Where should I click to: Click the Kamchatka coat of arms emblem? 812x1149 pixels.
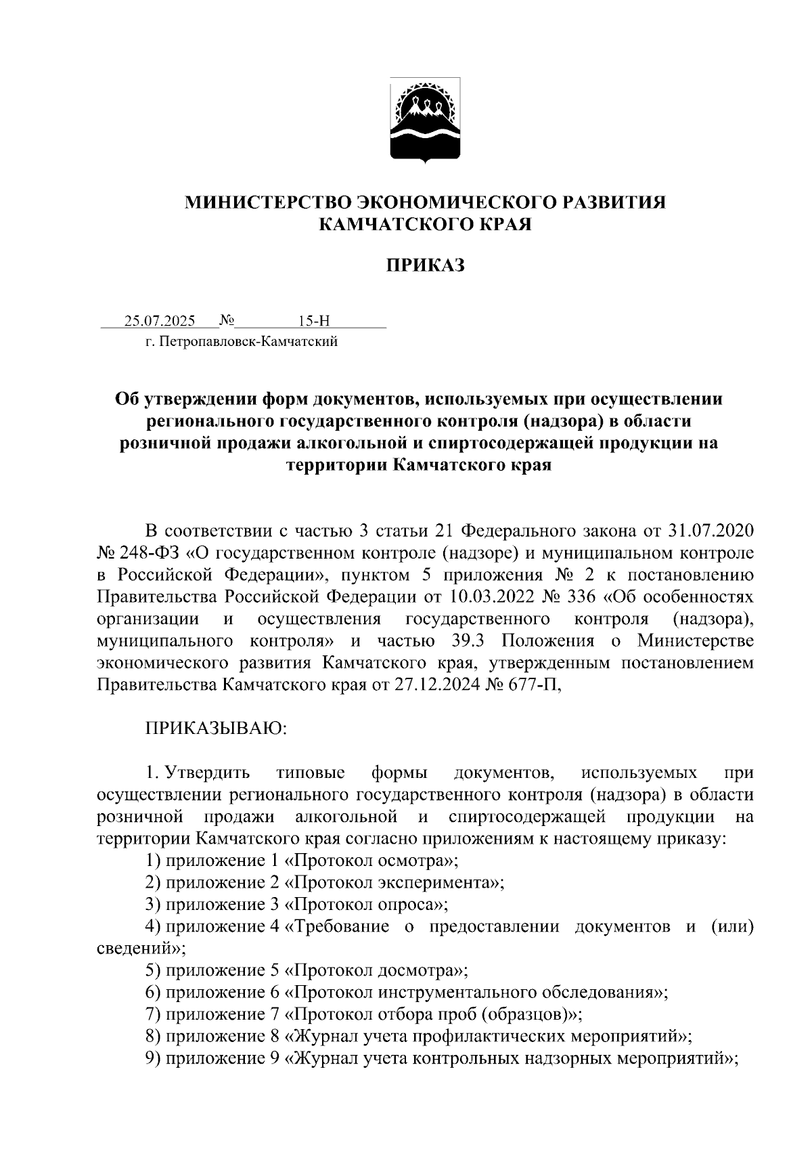pos(425,121)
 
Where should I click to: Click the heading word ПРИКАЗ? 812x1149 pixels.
pos(425,266)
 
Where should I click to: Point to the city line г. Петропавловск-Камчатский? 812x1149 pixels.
pos(242,342)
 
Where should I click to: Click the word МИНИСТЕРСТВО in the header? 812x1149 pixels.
pos(267,202)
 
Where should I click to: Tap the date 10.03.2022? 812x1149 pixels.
pos(484,597)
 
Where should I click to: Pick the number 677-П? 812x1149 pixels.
pos(537,685)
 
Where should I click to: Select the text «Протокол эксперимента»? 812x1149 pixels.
pos(395,883)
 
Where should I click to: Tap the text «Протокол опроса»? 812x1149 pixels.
pos(367,905)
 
